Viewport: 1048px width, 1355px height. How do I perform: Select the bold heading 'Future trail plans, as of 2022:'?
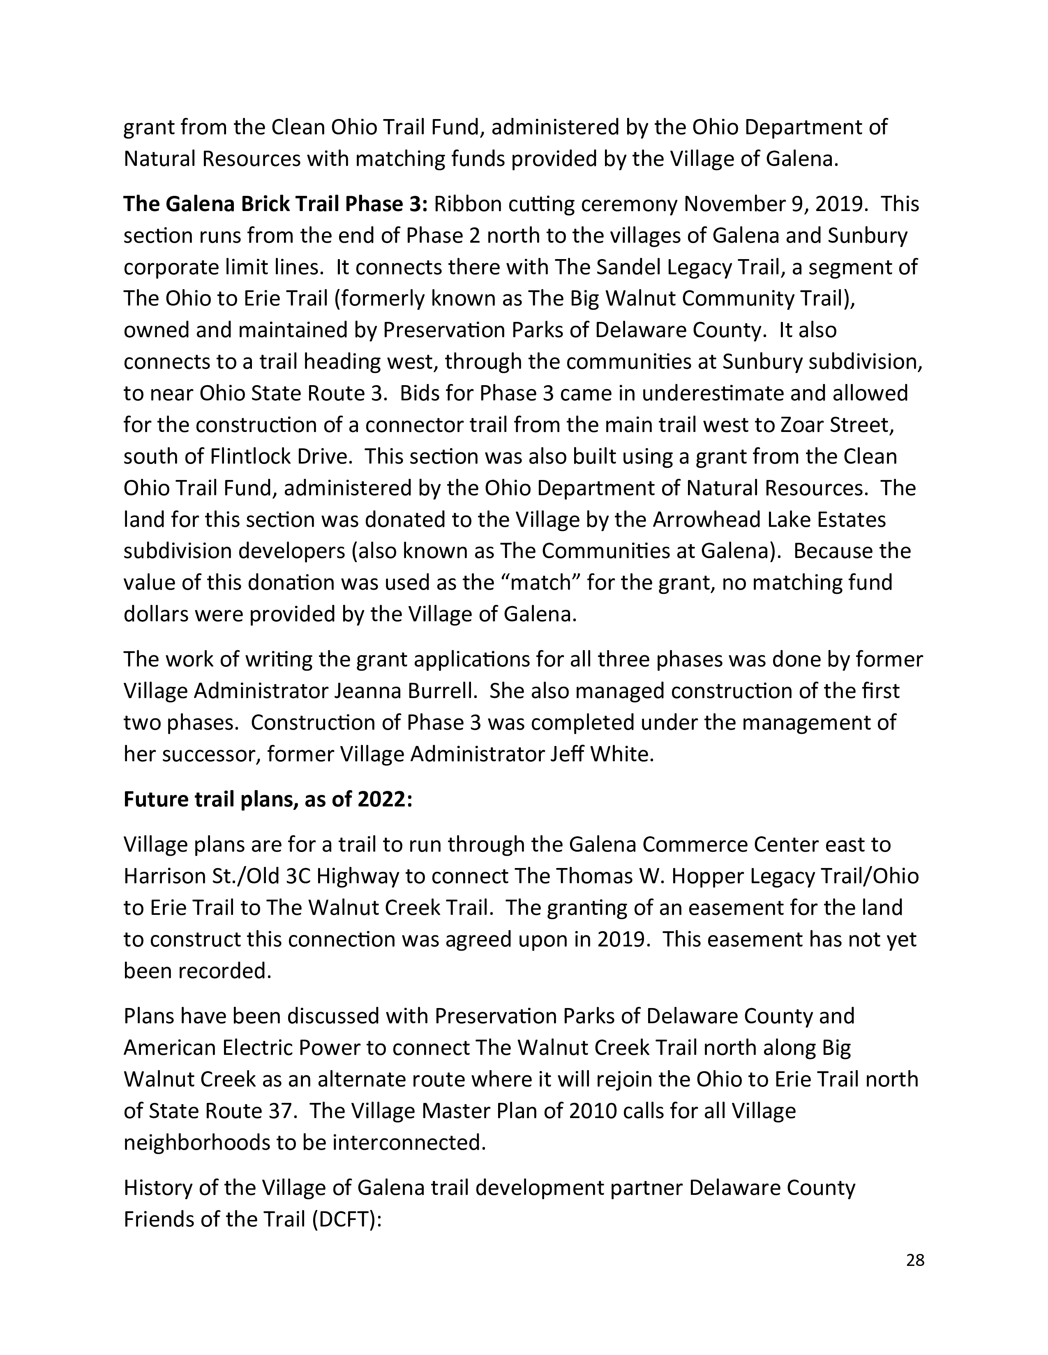(268, 800)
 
